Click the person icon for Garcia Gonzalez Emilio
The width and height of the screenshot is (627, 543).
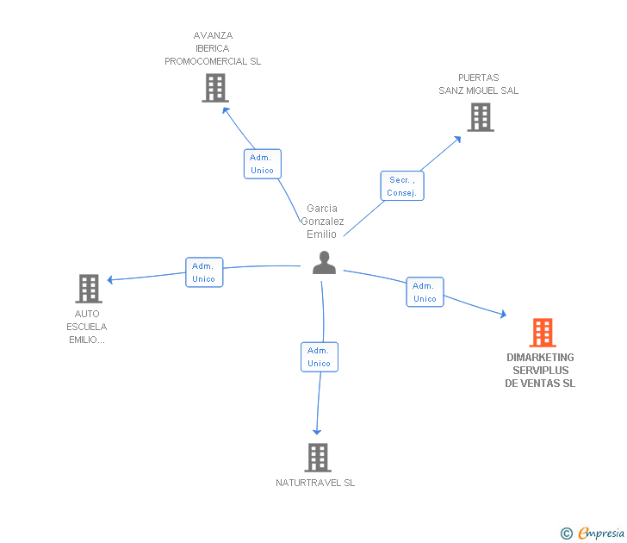pyautogui.click(x=324, y=263)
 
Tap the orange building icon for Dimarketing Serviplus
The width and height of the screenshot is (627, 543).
pyautogui.click(x=542, y=333)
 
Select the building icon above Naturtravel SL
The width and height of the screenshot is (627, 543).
pyautogui.click(x=317, y=458)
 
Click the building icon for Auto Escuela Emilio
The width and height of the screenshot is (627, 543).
pyautogui.click(x=89, y=289)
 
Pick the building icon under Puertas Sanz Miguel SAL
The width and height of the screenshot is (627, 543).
pyautogui.click(x=480, y=117)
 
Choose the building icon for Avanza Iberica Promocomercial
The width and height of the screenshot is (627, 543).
pyautogui.click(x=214, y=88)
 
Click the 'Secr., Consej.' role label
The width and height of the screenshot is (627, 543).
pyautogui.click(x=402, y=186)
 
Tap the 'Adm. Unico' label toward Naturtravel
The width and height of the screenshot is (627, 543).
pyautogui.click(x=320, y=357)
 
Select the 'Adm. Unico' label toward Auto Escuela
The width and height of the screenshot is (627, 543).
pyautogui.click(x=204, y=272)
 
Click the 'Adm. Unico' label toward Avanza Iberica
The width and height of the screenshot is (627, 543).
pyautogui.click(x=262, y=164)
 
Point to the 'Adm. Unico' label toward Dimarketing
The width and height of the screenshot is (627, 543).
pyautogui.click(x=425, y=292)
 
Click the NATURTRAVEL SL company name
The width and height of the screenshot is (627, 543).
pyautogui.click(x=315, y=483)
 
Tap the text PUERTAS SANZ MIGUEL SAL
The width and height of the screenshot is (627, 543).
pyautogui.click(x=479, y=84)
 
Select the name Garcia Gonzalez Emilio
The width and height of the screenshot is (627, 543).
pyautogui.click(x=322, y=222)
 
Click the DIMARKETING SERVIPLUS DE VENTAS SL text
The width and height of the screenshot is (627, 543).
pyautogui.click(x=540, y=371)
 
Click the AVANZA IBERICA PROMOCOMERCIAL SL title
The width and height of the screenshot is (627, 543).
pyautogui.click(x=213, y=48)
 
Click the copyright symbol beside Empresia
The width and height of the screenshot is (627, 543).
pyautogui.click(x=566, y=534)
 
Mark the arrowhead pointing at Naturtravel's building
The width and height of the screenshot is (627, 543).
pyautogui.click(x=317, y=431)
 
